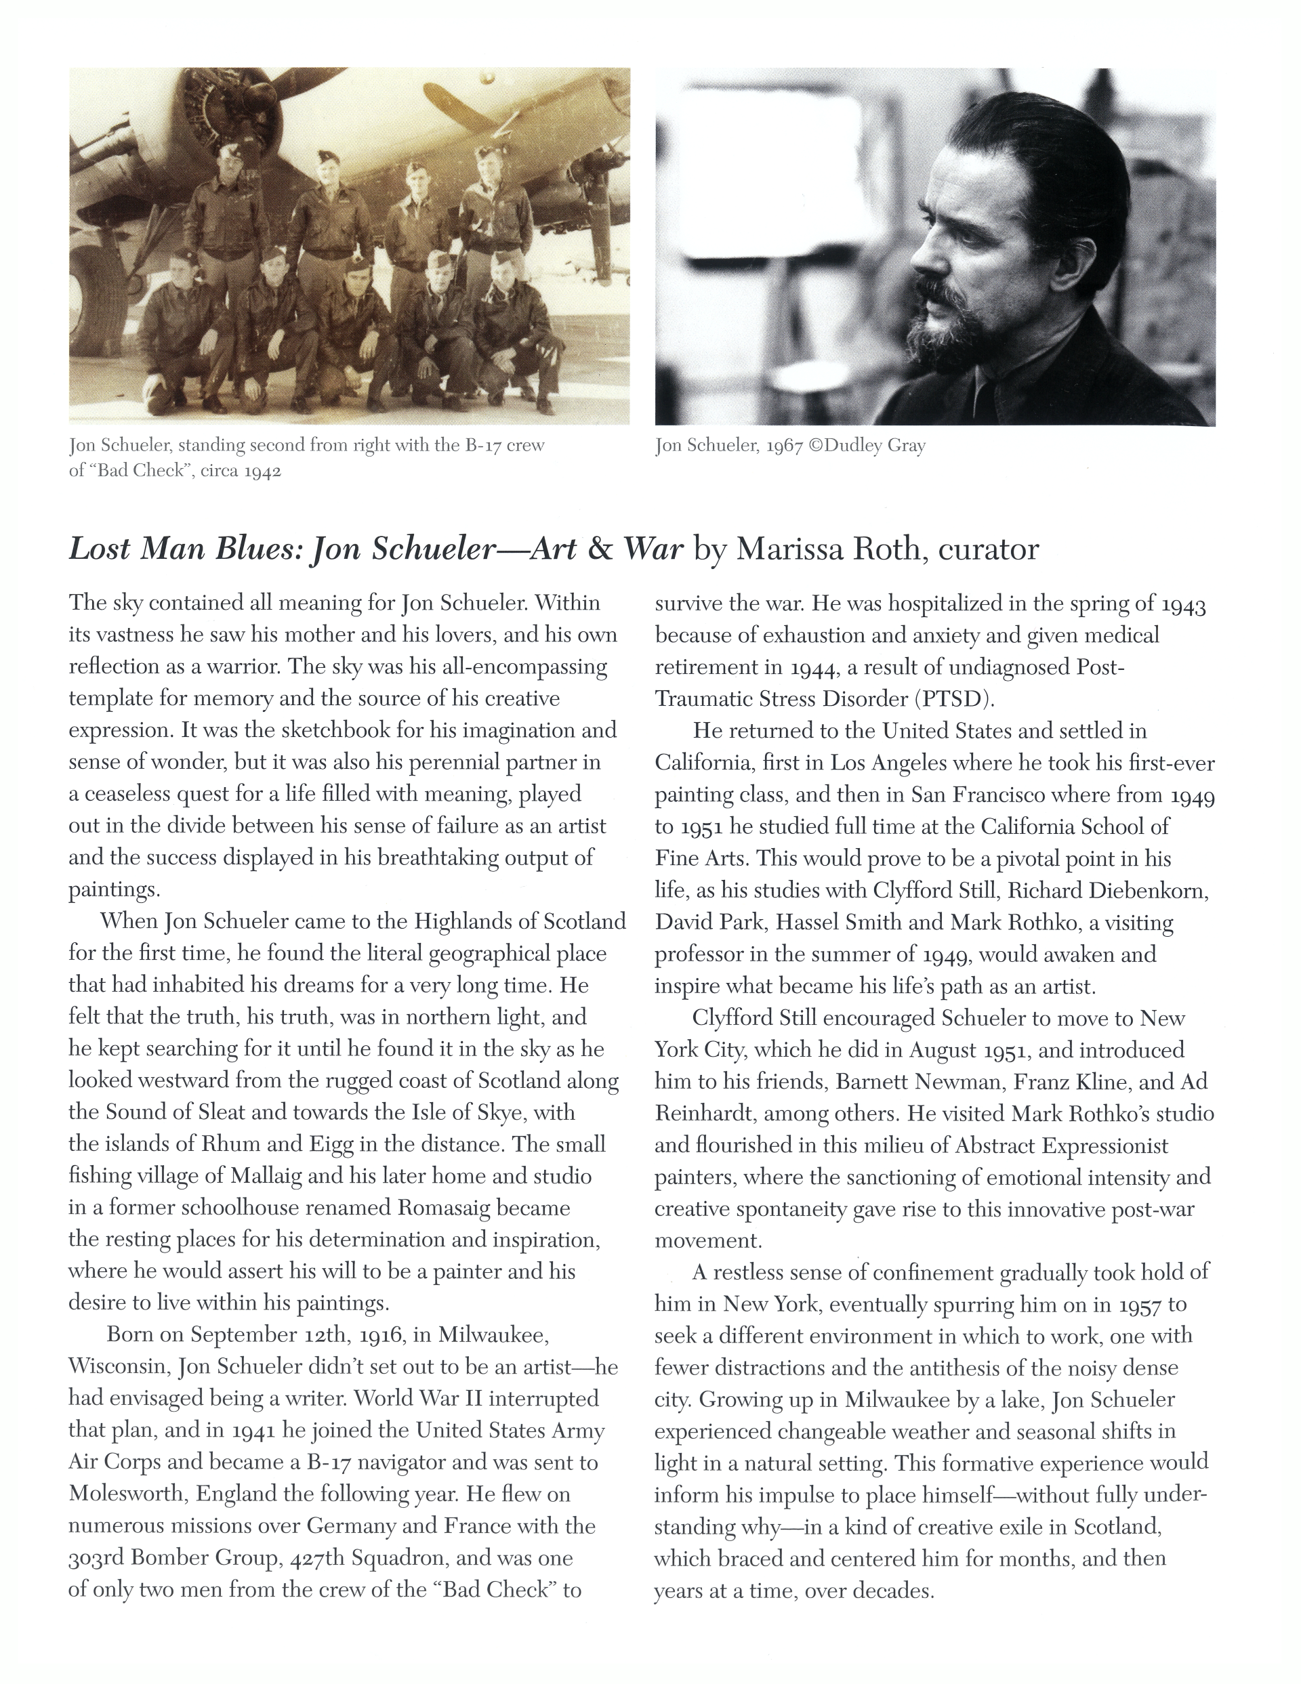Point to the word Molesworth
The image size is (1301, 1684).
click(128, 1494)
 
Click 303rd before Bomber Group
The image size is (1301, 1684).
click(96, 1557)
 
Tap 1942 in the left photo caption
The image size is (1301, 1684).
click(262, 470)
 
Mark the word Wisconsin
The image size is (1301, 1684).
click(118, 1366)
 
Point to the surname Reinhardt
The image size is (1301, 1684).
click(697, 1114)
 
